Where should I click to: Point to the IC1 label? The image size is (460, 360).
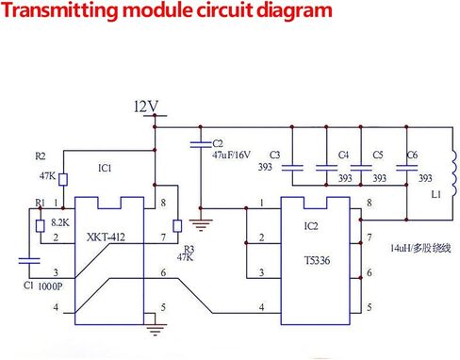point(105,169)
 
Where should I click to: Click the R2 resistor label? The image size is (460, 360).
point(40,155)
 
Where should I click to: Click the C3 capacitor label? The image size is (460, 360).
point(275,155)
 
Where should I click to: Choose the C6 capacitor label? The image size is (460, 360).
point(411,155)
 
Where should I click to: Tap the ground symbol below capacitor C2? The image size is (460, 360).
point(198,225)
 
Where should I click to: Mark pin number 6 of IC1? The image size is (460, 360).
point(163,272)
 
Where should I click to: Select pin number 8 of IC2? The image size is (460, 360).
point(369,203)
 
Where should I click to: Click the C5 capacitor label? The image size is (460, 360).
point(377,155)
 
